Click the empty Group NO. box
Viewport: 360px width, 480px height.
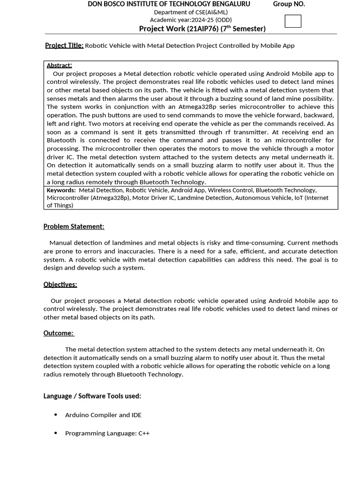click(293, 21)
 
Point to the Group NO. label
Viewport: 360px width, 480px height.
click(289, 4)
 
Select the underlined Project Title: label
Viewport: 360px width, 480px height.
click(64, 45)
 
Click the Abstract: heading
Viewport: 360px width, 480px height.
click(59, 65)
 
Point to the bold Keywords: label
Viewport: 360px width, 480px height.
click(61, 190)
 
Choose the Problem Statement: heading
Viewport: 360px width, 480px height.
click(74, 226)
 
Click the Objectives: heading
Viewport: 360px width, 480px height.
click(60, 285)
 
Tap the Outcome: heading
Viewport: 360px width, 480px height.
click(59, 333)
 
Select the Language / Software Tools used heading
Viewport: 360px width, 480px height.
click(92, 396)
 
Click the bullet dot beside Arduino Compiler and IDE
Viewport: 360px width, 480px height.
click(56, 415)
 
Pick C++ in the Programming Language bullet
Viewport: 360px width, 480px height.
click(144, 434)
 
